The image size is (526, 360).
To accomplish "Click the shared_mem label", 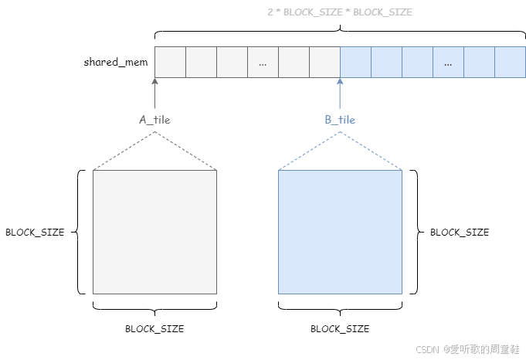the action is [x=116, y=62].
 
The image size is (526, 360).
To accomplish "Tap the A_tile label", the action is [x=154, y=120].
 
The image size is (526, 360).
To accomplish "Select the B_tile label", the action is [x=340, y=120].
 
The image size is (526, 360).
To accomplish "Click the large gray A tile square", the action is [x=154, y=232].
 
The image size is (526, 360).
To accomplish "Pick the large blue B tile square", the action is [x=340, y=232].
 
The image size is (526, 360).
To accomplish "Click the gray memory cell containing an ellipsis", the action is [x=263, y=62].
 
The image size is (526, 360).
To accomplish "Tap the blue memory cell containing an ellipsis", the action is [x=448, y=62].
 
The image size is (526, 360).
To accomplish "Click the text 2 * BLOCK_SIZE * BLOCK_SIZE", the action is [x=340, y=12].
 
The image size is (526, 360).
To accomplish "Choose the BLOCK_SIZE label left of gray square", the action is [x=35, y=232].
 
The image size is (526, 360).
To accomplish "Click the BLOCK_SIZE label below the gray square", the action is [x=154, y=328].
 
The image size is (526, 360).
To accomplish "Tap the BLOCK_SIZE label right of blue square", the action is [x=460, y=232].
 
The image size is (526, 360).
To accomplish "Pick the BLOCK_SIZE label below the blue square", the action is [x=340, y=328].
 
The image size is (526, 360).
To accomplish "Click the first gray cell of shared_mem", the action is [x=170, y=62].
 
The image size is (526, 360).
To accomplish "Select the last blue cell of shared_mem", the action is [x=510, y=62].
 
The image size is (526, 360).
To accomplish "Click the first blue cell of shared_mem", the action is [x=355, y=62].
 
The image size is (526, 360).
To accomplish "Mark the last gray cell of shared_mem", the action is [x=324, y=62].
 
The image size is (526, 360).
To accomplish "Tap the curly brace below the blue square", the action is [x=340, y=307].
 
